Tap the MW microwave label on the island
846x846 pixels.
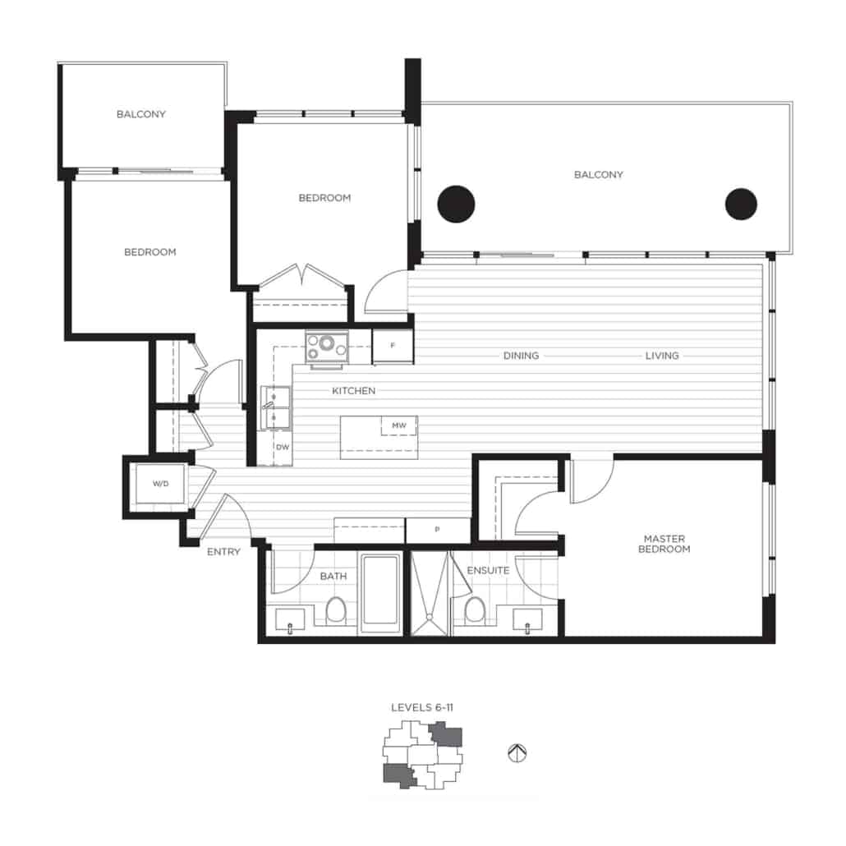pyautogui.click(x=399, y=425)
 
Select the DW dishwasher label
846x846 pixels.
pyautogui.click(x=283, y=447)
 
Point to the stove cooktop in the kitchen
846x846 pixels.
pyautogui.click(x=327, y=346)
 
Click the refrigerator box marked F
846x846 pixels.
pyautogui.click(x=393, y=346)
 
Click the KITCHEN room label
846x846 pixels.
pyautogui.click(x=353, y=391)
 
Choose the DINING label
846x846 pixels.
pyautogui.click(x=521, y=356)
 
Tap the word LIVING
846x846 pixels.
pyautogui.click(x=662, y=356)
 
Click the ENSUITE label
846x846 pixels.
pyautogui.click(x=488, y=570)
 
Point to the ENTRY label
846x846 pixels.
pyautogui.click(x=223, y=552)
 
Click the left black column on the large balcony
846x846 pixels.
pyautogui.click(x=456, y=204)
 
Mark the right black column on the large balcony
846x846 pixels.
pyautogui.click(x=741, y=204)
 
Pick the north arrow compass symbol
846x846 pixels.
pyautogui.click(x=517, y=752)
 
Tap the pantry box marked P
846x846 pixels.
pyautogui.click(x=437, y=530)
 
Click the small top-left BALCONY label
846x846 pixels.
pyautogui.click(x=140, y=114)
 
